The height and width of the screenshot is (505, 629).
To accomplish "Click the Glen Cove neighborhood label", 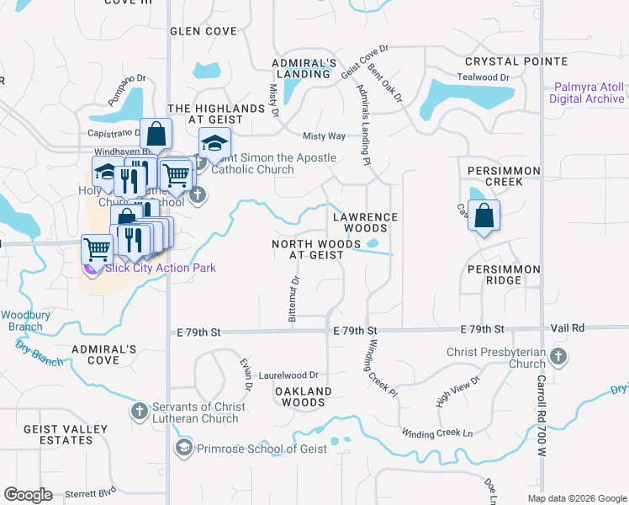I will pos(203,31).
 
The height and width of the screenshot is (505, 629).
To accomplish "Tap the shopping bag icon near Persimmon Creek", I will pos(484,215).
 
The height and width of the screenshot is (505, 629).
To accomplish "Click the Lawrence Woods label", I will pos(365,222).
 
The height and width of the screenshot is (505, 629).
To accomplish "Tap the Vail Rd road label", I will pos(568,327).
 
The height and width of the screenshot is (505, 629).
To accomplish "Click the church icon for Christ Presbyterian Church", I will pos(558,358).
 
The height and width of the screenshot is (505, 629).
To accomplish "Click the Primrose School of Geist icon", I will pos(182,449).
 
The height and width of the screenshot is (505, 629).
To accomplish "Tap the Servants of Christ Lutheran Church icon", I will pos(140,412).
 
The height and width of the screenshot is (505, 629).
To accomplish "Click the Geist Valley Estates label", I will pos(66,434).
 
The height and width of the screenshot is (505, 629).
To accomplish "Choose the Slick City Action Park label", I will pos(160,268).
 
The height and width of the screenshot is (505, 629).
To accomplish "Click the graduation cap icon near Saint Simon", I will pos(214,145).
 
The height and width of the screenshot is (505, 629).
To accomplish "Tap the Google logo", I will pos(29,494).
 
